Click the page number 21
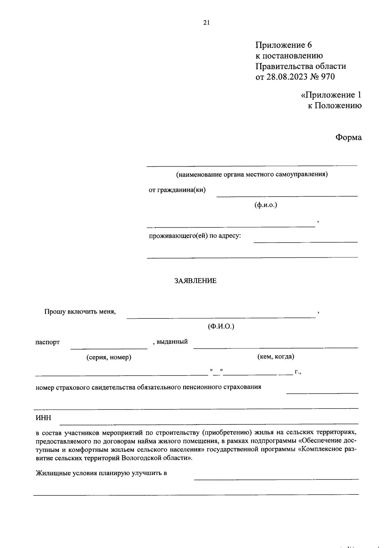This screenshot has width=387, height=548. click(206, 22)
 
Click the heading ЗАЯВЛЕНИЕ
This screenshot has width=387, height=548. click(195, 281)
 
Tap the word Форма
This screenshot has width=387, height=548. click(348, 138)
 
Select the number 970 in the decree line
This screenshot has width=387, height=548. click(328, 77)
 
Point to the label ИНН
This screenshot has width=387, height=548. click(43, 418)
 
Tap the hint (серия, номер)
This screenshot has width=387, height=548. click(109, 357)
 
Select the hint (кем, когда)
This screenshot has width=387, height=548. click(275, 357)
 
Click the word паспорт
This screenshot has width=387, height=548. click(47, 342)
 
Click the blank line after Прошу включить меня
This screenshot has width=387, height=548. click(221, 317)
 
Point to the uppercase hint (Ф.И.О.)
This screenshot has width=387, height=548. click(221, 326)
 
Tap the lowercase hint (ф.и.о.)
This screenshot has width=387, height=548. click(266, 205)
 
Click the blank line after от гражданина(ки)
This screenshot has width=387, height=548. click(287, 195)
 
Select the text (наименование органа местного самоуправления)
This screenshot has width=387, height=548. click(252, 175)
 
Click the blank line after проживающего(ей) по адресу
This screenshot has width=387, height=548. click(306, 241)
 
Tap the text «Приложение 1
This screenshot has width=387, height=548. click(331, 95)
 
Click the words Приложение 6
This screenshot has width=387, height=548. click(284, 45)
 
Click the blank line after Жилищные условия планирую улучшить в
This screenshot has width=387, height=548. click(276, 479)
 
